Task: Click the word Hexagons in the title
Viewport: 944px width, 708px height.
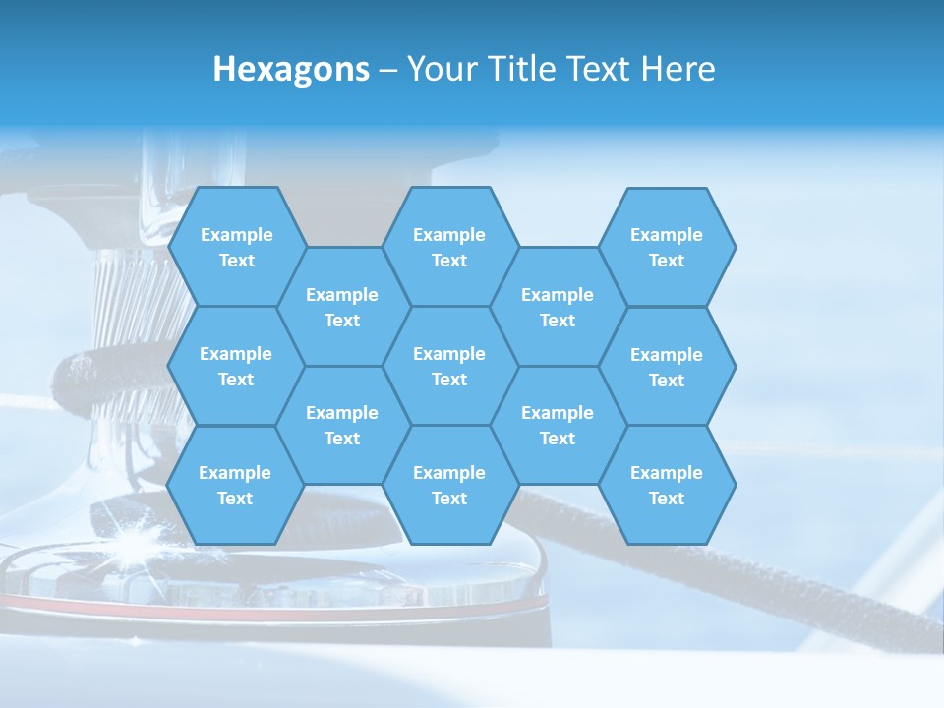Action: coord(291,69)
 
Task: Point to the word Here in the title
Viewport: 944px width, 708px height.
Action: coord(678,69)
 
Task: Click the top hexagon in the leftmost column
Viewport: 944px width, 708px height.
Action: coord(236,247)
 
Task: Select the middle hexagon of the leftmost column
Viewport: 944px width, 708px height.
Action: coord(236,366)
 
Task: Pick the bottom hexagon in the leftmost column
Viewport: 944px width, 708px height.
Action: coord(235,485)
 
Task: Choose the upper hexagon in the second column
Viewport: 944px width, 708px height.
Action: coord(342,307)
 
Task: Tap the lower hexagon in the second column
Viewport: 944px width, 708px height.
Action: coord(342,425)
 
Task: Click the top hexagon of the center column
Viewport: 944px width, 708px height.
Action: coord(449,247)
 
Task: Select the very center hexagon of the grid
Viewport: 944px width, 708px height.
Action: coord(449,366)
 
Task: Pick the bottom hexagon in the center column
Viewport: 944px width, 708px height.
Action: coord(449,485)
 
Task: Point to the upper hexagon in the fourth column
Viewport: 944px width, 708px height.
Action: coord(558,307)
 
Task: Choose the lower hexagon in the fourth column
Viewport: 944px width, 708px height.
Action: coord(558,425)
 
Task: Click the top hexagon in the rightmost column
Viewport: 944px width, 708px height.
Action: coord(667,247)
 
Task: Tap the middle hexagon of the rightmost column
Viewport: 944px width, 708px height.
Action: coord(667,367)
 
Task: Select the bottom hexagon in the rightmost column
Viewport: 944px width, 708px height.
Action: coord(667,485)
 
